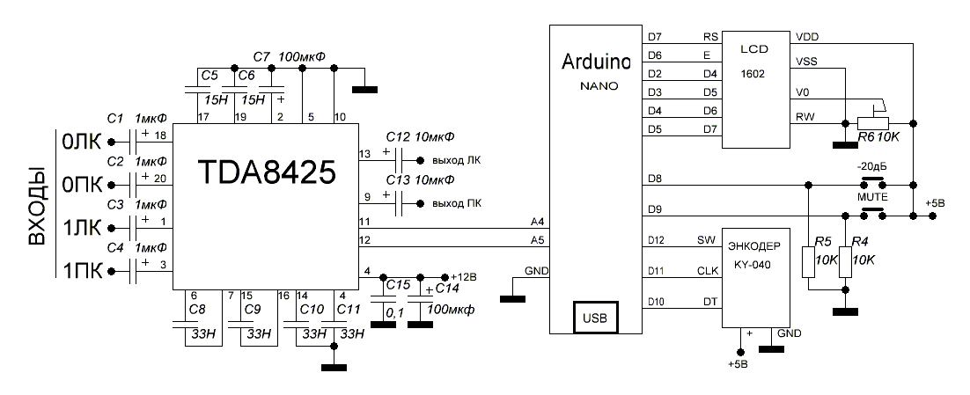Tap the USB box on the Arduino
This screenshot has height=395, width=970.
[x=595, y=315]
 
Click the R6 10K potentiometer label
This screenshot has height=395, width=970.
[x=880, y=138]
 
